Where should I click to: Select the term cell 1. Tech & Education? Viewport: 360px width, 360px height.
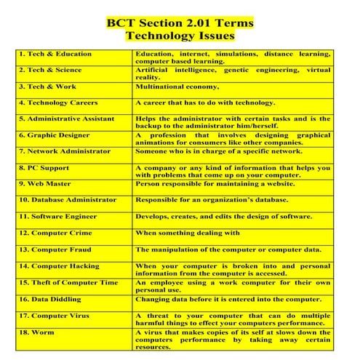coord(55,54)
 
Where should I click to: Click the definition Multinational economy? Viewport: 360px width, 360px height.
coord(182,86)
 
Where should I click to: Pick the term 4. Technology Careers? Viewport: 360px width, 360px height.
coord(58,103)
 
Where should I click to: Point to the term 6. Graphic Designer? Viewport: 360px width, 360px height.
coord(55,135)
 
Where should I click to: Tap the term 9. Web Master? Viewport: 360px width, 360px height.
coord(47,183)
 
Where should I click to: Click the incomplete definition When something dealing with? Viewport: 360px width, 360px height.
coord(188,233)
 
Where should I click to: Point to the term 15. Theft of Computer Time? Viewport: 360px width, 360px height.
coord(68,281)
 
